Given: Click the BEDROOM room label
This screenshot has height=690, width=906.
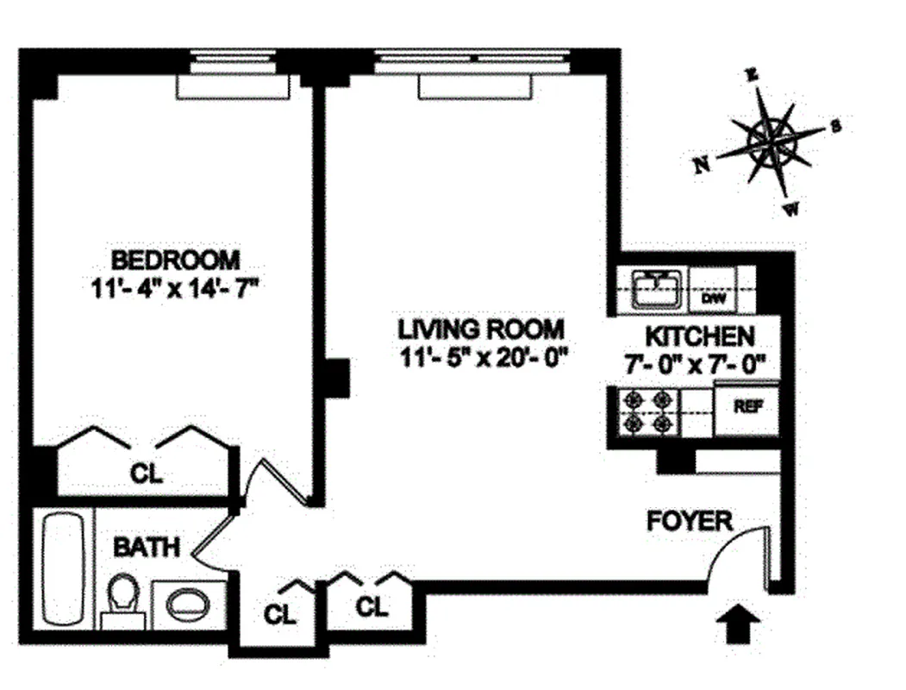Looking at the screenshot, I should click(176, 259).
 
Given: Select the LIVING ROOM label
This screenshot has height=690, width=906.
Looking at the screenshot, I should click(481, 329).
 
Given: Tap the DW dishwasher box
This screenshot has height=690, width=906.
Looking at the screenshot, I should click(712, 298).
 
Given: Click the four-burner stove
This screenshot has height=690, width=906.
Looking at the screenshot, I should click(648, 411).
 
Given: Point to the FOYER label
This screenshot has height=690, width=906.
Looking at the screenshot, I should click(690, 521).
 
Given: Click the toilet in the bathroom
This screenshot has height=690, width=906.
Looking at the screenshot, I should click(124, 599).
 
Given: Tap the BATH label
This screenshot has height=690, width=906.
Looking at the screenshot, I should click(147, 547).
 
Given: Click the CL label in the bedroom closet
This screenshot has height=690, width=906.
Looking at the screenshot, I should click(146, 473).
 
